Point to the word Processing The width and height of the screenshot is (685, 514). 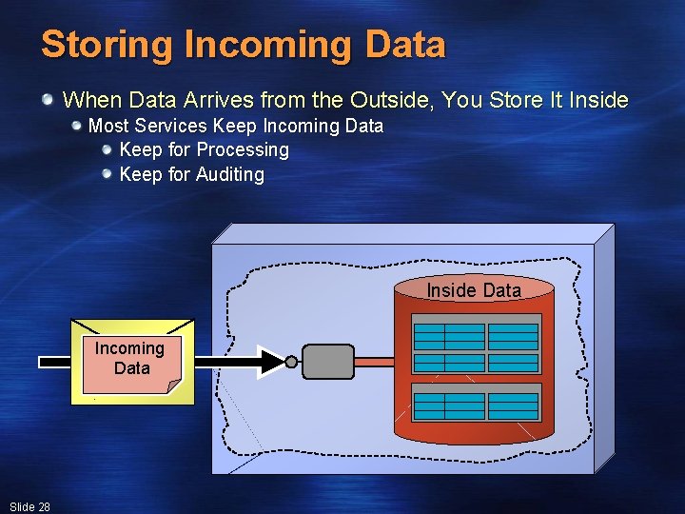click(244, 150)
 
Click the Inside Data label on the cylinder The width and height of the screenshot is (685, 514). click(474, 290)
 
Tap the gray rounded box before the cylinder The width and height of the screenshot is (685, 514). click(328, 361)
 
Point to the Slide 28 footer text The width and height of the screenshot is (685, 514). click(29, 506)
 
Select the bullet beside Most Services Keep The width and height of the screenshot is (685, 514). click(76, 126)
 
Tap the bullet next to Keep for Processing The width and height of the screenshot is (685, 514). click(108, 150)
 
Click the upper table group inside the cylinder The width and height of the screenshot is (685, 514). click(476, 347)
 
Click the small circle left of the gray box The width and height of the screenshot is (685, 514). click(292, 361)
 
